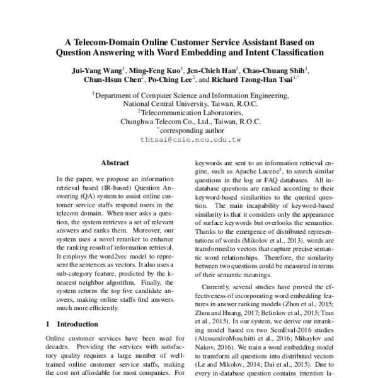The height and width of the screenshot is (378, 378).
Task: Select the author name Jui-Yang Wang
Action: (98, 70)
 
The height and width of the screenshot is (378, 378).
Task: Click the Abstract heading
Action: (115, 163)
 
